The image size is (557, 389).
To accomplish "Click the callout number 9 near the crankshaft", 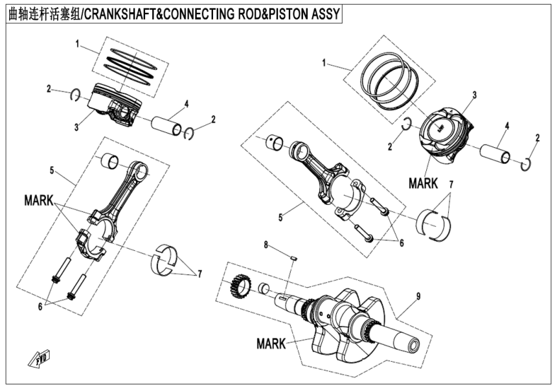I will point(418,296).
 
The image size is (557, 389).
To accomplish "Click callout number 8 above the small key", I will point(265,245).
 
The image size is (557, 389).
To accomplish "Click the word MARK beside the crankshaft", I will point(271,343).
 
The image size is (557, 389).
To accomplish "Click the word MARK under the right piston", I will point(423,183).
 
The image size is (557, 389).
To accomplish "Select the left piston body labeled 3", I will point(113,104).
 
